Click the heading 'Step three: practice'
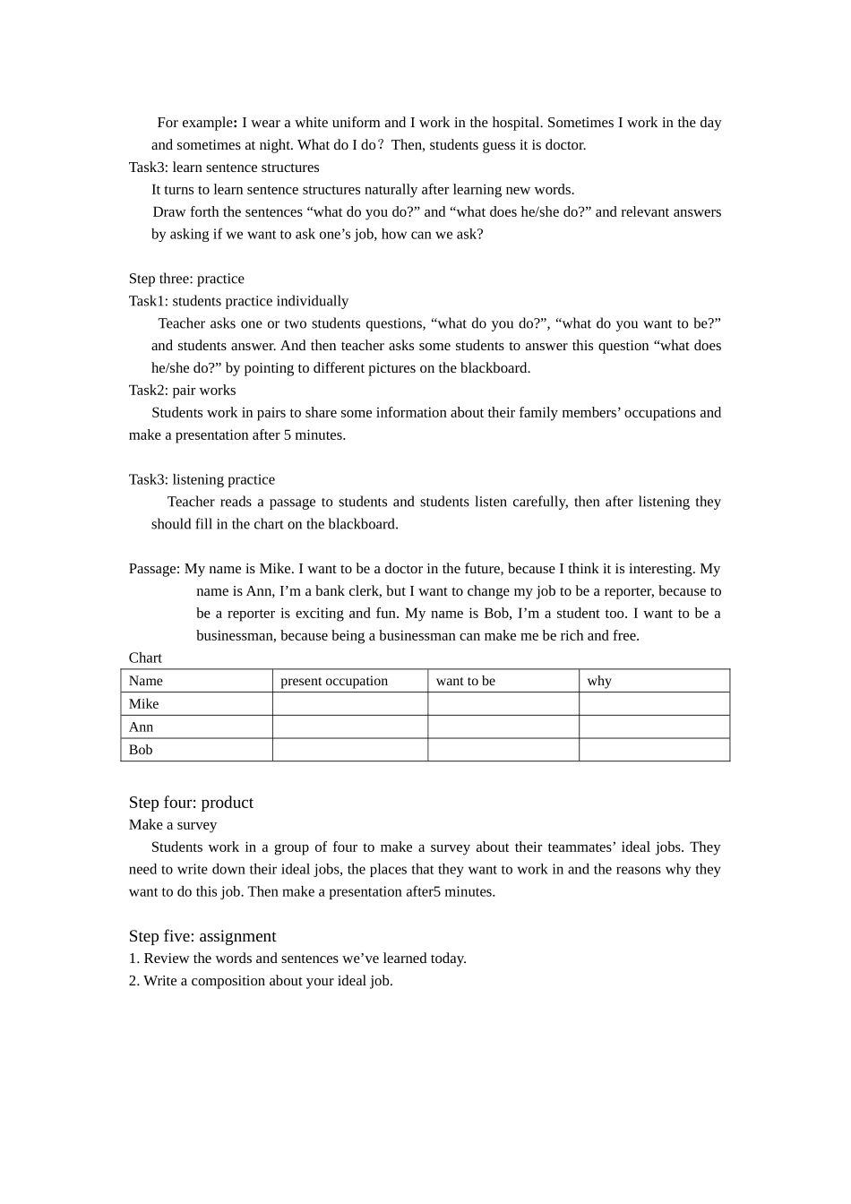click(x=186, y=279)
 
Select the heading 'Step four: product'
click(x=191, y=803)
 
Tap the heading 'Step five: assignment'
click(x=202, y=936)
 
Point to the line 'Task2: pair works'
click(x=183, y=391)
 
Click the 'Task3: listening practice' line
click(x=202, y=480)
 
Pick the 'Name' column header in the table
click(x=146, y=681)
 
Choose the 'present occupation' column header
click(x=334, y=681)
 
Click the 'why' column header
click(x=599, y=681)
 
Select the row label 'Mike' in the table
click(x=143, y=704)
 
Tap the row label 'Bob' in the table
click(x=141, y=750)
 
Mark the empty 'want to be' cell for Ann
click(x=503, y=727)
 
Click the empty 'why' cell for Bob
click(x=654, y=750)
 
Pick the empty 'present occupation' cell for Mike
click(x=349, y=704)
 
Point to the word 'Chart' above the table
click(x=145, y=658)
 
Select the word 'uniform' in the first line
click(x=357, y=123)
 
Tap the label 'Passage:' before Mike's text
click(x=154, y=569)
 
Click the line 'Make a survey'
click(x=173, y=825)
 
